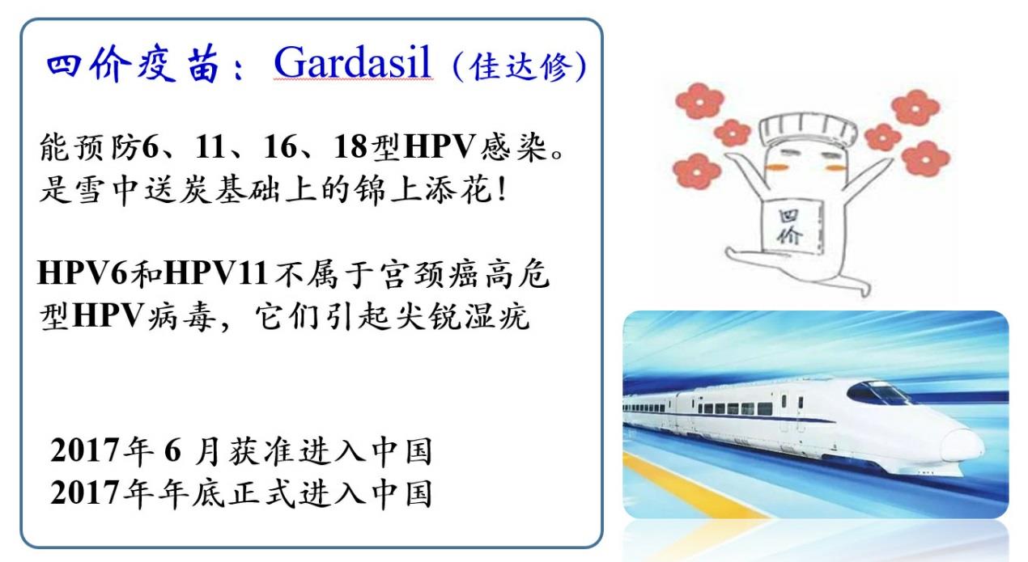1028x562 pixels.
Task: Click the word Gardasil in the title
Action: pos(352,63)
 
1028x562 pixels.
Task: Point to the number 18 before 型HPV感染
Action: pos(350,147)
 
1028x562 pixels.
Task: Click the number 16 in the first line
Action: pos(280,147)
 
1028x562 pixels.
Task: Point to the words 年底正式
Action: pos(227,494)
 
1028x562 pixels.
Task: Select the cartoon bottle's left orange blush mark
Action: pos(775,167)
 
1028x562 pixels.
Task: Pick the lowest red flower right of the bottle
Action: pos(925,158)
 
